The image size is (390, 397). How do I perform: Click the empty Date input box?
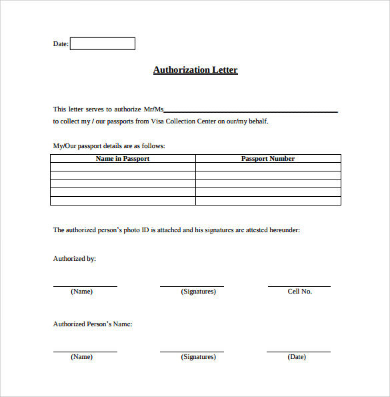click(x=102, y=43)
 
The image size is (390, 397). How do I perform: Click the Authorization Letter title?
click(x=195, y=70)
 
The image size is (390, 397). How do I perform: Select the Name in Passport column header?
click(x=123, y=159)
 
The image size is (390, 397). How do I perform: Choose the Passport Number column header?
click(x=268, y=159)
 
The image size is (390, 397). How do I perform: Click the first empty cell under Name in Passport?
click(x=123, y=167)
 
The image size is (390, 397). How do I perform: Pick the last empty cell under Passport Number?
click(x=268, y=201)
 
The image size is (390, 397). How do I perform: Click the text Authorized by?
click(x=75, y=258)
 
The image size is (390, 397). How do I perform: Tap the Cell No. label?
click(x=299, y=292)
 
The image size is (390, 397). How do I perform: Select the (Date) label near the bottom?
click(x=297, y=357)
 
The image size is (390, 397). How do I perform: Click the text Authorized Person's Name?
click(x=93, y=324)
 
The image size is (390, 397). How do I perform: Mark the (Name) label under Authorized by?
click(x=81, y=292)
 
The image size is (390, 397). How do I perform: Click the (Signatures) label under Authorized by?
click(x=198, y=292)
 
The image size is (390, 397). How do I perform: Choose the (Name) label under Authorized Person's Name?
click(x=81, y=357)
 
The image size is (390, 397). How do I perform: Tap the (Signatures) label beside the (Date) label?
click(x=198, y=357)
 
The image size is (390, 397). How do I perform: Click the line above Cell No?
click(x=299, y=286)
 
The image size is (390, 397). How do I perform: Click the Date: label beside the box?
click(x=61, y=44)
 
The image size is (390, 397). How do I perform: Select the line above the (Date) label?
click(x=298, y=352)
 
